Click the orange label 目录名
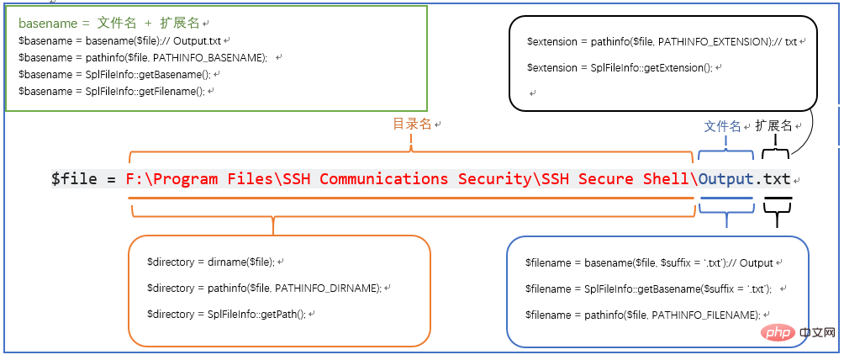coord(413,124)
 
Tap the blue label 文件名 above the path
coord(722,126)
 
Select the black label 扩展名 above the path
coord(773,125)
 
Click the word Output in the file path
coord(726,178)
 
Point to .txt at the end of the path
coord(773,178)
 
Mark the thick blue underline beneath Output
coord(726,199)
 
